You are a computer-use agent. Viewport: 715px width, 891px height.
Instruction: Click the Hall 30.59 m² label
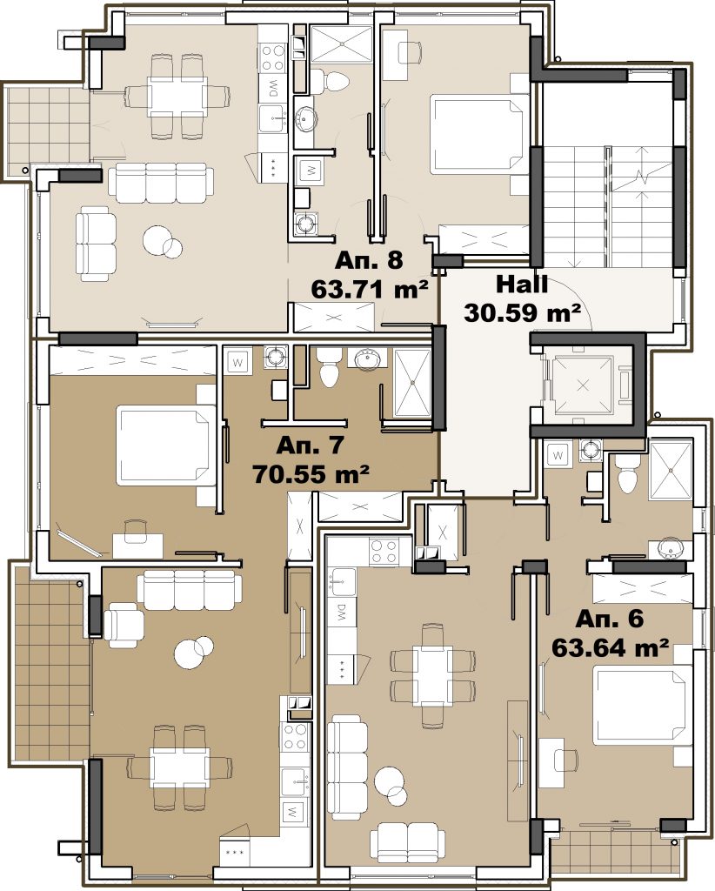pyautogui.click(x=522, y=298)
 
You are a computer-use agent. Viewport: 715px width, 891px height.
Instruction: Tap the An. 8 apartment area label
pyautogui.click(x=369, y=260)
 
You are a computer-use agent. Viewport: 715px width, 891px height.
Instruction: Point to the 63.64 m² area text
pyautogui.click(x=610, y=647)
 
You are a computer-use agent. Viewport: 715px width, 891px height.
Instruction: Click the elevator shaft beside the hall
pyautogui.click(x=584, y=385)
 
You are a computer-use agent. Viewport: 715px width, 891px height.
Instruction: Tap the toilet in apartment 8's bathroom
pyautogui.click(x=329, y=81)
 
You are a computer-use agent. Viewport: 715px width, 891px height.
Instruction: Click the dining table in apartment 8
pyautogui.click(x=176, y=97)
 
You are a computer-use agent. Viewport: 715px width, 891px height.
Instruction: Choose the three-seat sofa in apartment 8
pyautogui.click(x=161, y=183)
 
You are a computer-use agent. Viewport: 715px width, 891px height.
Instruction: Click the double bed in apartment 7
pyautogui.click(x=166, y=445)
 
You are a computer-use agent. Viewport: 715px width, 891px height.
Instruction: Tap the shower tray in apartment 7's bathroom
pyautogui.click(x=412, y=384)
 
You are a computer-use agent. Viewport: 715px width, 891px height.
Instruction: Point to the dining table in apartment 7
pyautogui.click(x=179, y=767)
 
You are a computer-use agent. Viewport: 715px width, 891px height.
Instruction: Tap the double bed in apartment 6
pyautogui.click(x=642, y=706)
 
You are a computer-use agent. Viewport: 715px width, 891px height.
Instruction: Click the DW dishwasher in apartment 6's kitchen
pyautogui.click(x=341, y=612)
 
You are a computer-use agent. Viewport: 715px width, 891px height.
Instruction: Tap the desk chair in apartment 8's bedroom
pyautogui.click(x=410, y=53)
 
